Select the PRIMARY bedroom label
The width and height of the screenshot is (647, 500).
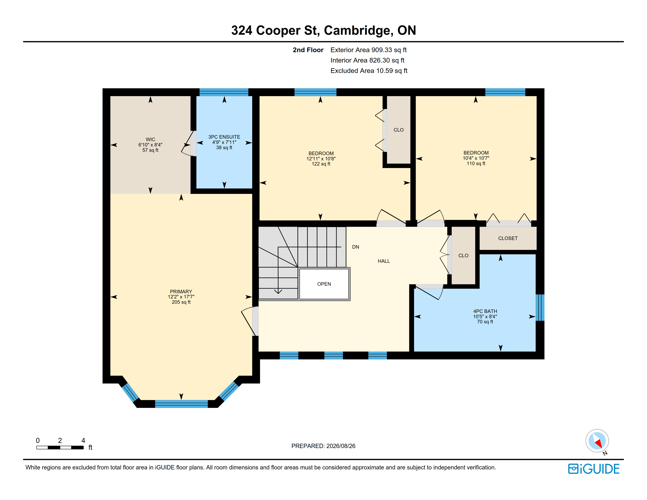[x=181, y=291]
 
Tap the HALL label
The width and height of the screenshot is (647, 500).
[x=384, y=261]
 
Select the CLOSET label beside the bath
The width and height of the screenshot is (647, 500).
[x=508, y=238]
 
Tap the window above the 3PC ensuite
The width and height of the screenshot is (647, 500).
[x=224, y=92]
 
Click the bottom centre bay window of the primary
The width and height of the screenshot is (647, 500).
[x=181, y=404]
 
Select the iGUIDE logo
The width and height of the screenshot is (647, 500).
[x=594, y=469]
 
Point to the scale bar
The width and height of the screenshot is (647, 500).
[x=60, y=447]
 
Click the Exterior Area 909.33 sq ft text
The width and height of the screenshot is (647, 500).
[x=369, y=50]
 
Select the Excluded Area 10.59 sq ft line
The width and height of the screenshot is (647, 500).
[x=369, y=71]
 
